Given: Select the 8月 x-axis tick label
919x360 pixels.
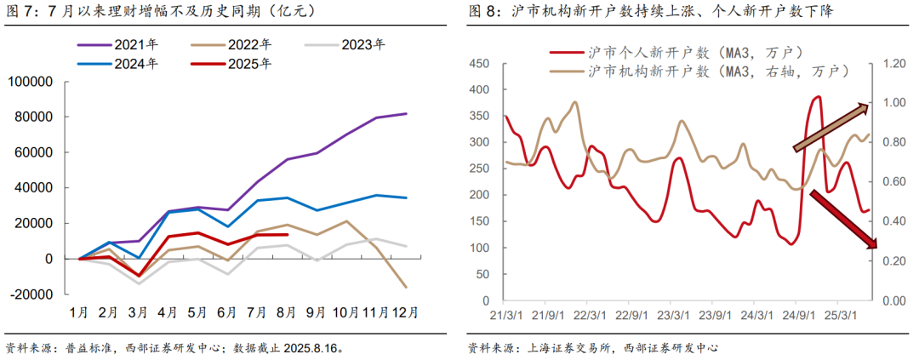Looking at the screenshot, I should tap(286, 312).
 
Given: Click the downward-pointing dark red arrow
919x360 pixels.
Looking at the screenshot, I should tap(842, 220).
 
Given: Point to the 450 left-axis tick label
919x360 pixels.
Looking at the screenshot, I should tap(478, 64).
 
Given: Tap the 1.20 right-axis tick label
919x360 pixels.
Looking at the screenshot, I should tap(896, 64).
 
